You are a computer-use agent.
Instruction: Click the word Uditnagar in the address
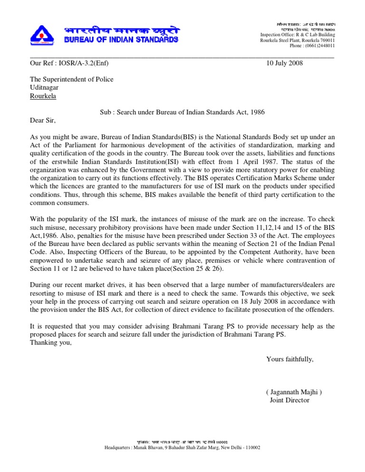click(46, 88)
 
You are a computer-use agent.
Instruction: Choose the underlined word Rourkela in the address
click(43, 96)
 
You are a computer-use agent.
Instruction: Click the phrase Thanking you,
click(51, 343)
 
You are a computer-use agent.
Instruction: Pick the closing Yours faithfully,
click(290, 359)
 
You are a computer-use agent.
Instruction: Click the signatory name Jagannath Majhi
click(294, 392)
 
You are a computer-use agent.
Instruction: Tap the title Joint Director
click(289, 400)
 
